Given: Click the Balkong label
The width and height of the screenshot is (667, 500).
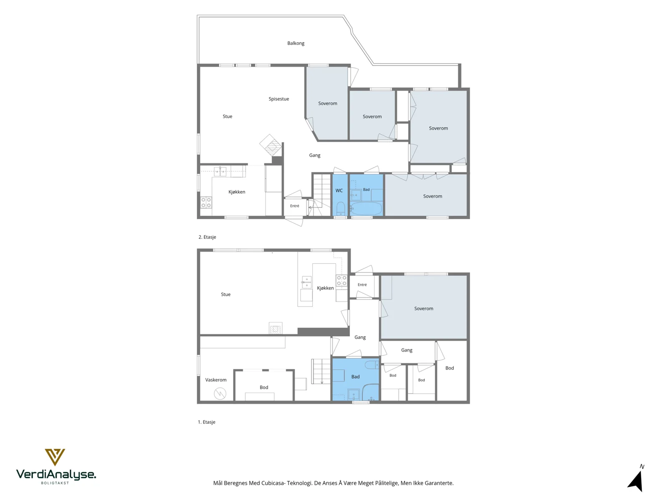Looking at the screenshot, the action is point(296,43).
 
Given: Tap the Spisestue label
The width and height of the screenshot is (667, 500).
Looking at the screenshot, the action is point(278,99).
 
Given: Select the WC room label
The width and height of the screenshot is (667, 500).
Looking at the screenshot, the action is point(339,191).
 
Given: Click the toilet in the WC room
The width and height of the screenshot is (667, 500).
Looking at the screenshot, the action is point(341,208).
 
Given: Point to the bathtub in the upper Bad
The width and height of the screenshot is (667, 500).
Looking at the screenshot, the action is point(366,209).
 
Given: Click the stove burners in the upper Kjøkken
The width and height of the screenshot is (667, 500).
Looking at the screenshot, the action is point(206,202).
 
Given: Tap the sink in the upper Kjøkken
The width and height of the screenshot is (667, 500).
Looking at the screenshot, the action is point(220,171).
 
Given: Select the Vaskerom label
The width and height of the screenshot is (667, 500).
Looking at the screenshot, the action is point(216,380).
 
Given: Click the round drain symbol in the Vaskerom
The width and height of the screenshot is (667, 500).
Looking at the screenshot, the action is point(220,394).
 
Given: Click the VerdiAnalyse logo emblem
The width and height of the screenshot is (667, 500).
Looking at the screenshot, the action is point(55,457).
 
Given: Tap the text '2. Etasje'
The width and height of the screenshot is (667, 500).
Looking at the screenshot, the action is point(207,237).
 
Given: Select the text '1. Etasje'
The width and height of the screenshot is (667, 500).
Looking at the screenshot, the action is point(207,422).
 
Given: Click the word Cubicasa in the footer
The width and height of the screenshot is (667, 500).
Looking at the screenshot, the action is point(273,483).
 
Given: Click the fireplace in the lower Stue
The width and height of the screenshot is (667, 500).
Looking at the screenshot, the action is point(276,328).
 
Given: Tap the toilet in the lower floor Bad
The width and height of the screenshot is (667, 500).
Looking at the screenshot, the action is point(371,364).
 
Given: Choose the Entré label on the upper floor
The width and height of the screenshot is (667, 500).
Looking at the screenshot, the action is point(294,206).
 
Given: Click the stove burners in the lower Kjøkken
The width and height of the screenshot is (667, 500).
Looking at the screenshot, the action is point(341,281).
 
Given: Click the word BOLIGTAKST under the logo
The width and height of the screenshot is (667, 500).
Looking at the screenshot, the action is point(55,483).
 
